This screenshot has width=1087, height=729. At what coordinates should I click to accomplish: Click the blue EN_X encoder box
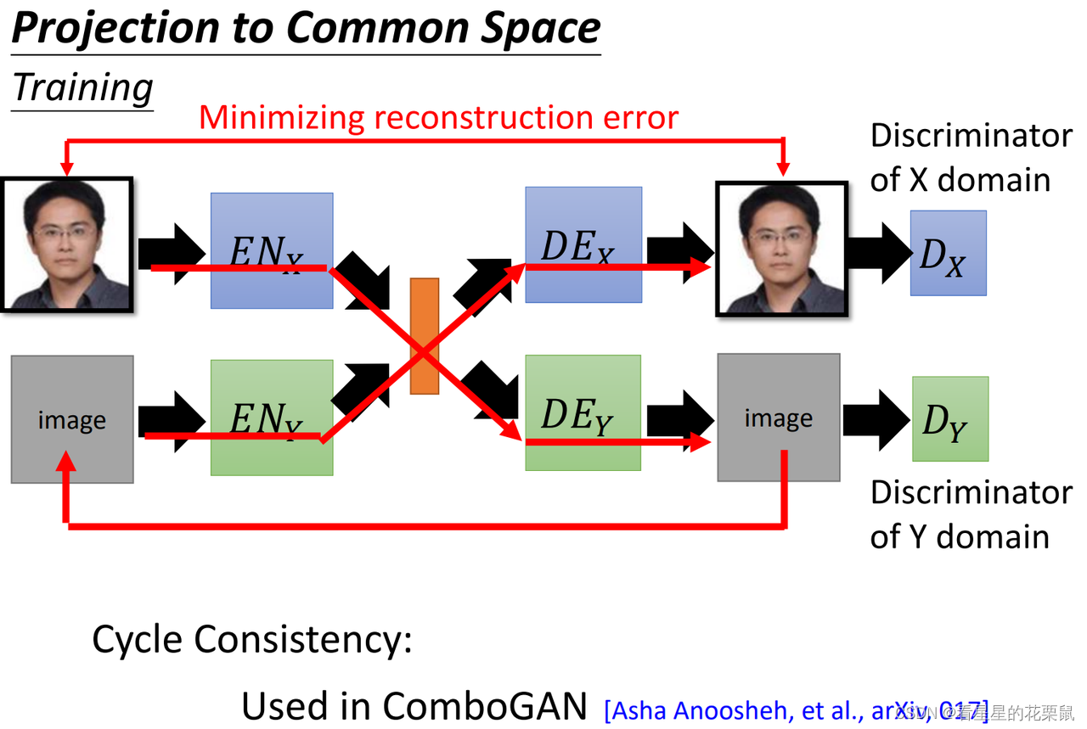tap(272, 250)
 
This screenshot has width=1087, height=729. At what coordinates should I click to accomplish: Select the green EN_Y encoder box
tap(272, 417)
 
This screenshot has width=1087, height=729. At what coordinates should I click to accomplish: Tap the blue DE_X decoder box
tap(583, 244)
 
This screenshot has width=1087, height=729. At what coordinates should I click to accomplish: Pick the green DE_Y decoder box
tap(583, 412)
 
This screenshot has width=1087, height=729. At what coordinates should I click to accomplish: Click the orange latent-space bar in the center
tap(425, 336)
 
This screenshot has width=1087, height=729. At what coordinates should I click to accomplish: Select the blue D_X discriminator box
tap(948, 253)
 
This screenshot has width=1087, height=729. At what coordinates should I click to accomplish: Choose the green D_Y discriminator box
tap(950, 419)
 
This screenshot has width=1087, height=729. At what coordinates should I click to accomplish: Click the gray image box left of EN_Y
tap(72, 419)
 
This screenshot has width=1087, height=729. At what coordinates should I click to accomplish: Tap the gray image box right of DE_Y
tap(779, 418)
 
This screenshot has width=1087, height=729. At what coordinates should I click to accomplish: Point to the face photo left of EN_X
tap(67, 244)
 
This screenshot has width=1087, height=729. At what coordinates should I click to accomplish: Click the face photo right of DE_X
tap(781, 248)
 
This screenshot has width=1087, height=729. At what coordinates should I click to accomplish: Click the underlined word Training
tap(83, 87)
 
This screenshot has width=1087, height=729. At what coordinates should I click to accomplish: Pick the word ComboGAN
tap(484, 705)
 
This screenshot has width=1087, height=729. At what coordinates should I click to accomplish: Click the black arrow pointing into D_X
tap(879, 253)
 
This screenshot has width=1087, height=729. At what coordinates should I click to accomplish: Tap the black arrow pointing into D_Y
tap(876, 420)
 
